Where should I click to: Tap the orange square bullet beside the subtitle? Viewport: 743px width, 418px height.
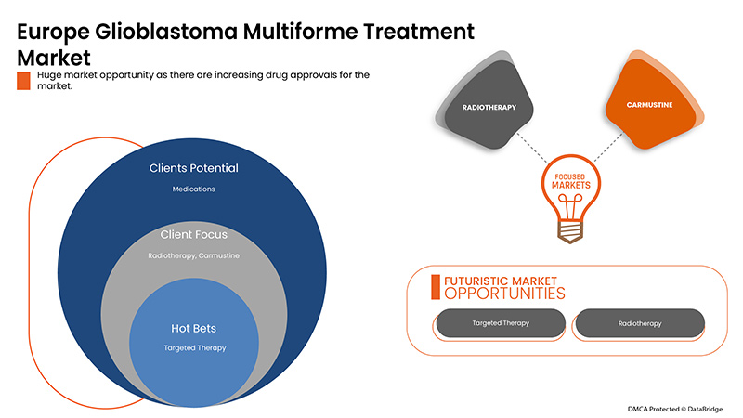pyautogui.click(x=24, y=80)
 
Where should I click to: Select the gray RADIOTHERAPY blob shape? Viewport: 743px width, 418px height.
pyautogui.click(x=489, y=107)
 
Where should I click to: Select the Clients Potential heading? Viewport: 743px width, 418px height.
pyautogui.click(x=193, y=168)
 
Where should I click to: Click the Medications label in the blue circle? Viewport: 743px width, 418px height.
pyautogui.click(x=193, y=189)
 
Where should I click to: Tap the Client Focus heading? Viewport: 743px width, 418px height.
pyautogui.click(x=193, y=234)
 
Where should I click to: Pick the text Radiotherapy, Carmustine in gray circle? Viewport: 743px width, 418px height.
pyautogui.click(x=193, y=255)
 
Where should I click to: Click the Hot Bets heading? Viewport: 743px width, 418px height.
pyautogui.click(x=193, y=328)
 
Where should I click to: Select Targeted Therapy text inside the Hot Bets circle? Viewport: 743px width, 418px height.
pyautogui.click(x=193, y=348)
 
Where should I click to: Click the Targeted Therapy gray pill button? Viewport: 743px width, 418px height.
pyautogui.click(x=499, y=323)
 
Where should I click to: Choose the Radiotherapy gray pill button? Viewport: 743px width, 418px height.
pyautogui.click(x=640, y=323)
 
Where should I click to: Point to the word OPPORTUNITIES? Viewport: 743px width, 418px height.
pyautogui.click(x=504, y=294)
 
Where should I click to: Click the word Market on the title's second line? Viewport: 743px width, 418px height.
pyautogui.click(x=54, y=56)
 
